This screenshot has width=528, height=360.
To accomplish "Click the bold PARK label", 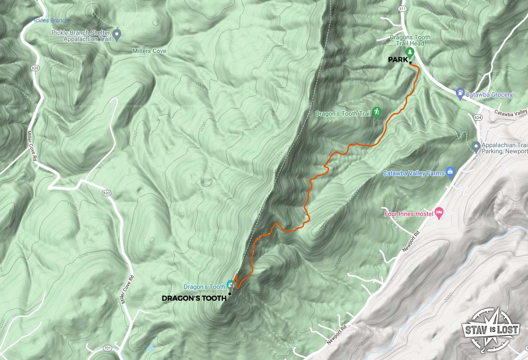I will (398, 60).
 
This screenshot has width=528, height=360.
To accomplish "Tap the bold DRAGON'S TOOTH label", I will (194, 298).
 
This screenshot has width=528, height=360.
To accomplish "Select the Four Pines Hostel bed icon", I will (439, 213).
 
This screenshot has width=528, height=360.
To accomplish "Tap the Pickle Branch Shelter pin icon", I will (117, 34).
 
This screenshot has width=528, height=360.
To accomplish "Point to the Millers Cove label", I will (149, 51).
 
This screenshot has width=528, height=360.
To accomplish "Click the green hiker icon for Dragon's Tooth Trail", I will (377, 112).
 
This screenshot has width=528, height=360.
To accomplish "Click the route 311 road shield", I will (402, 9).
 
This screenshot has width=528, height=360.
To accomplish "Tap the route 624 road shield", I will (478, 117).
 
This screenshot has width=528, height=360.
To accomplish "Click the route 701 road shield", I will (107, 348).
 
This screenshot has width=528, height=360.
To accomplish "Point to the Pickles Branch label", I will (49, 20).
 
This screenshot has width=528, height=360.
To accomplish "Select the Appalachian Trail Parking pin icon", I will (476, 147).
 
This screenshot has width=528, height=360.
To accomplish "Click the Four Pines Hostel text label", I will (407, 214).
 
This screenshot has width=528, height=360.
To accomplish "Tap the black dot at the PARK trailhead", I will (411, 63).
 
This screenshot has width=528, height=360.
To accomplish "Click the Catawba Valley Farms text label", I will (414, 173).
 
